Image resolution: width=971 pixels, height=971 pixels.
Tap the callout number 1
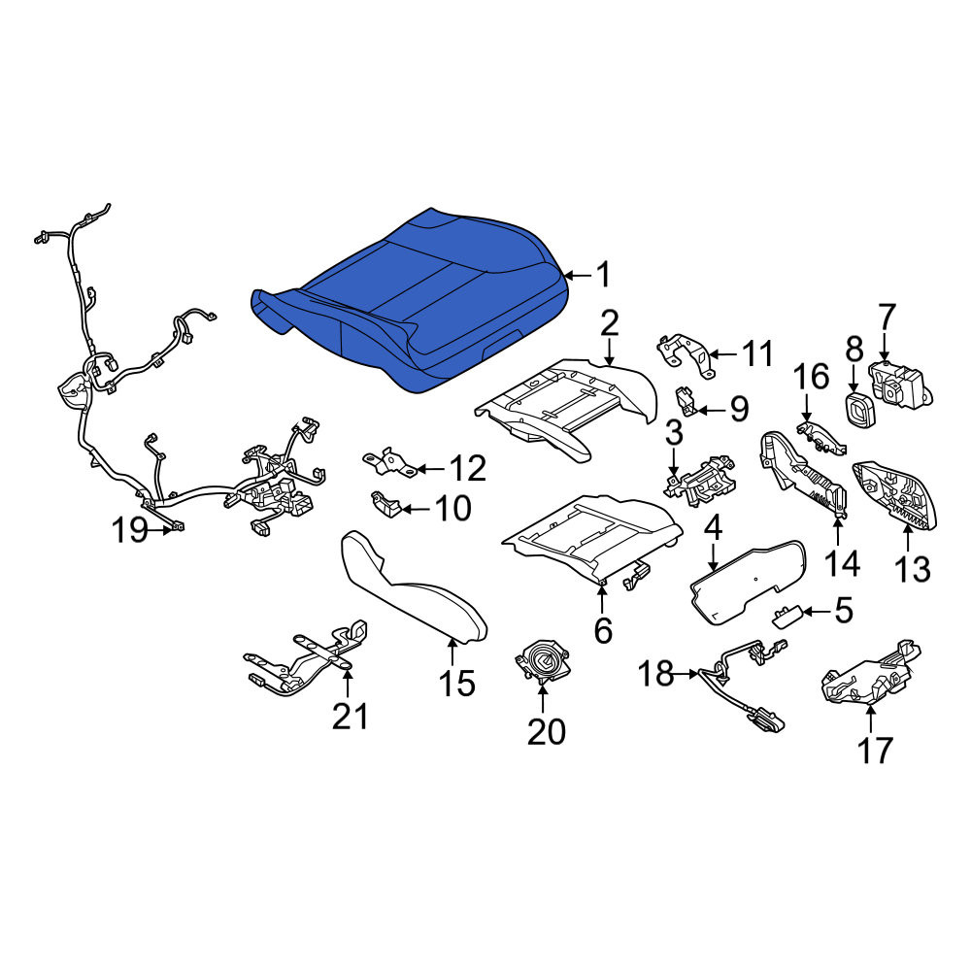pos(603,275)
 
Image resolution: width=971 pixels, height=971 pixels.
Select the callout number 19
pos(129,530)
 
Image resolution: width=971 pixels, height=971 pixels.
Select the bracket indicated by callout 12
pos(390,462)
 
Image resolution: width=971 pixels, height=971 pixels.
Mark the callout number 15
pos(456,684)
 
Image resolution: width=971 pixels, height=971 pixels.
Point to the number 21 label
pos(350,717)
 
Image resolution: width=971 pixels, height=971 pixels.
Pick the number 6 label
pos(603,630)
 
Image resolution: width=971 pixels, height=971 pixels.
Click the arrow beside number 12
pos(431,469)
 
